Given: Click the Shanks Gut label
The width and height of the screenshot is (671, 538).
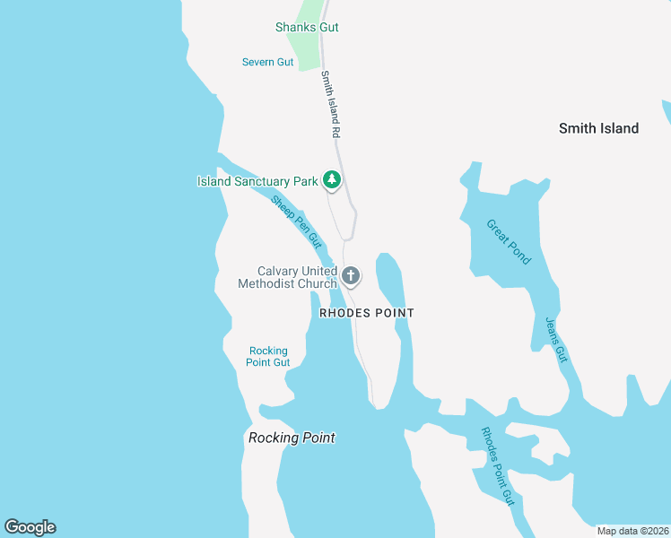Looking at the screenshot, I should pos(307,27).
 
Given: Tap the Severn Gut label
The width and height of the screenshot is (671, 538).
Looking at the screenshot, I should pos(267,62).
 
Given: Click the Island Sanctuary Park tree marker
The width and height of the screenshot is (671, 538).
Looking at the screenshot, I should pos(332,180).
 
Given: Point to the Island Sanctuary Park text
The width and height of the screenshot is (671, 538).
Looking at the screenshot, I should pos(257,181).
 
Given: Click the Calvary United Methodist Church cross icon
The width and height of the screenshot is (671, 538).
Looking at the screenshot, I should pos(351,276).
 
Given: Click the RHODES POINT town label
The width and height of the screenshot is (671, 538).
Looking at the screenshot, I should pos(367,313).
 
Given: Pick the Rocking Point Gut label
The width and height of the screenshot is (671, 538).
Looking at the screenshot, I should pos(268,356).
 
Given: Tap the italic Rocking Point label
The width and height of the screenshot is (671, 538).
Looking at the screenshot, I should pos(292,438).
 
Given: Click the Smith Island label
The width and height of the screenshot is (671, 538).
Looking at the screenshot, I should pos(598,128).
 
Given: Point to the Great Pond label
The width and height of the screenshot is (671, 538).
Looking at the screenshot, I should pos(509,241).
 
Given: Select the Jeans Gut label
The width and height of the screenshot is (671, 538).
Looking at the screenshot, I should pos(556,340).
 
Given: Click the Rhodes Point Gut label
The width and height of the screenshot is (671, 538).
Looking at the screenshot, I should pos(497,465).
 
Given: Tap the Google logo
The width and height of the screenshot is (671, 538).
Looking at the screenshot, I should pos(30,527).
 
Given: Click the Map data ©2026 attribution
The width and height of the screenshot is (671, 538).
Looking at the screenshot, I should pos(632,531).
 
